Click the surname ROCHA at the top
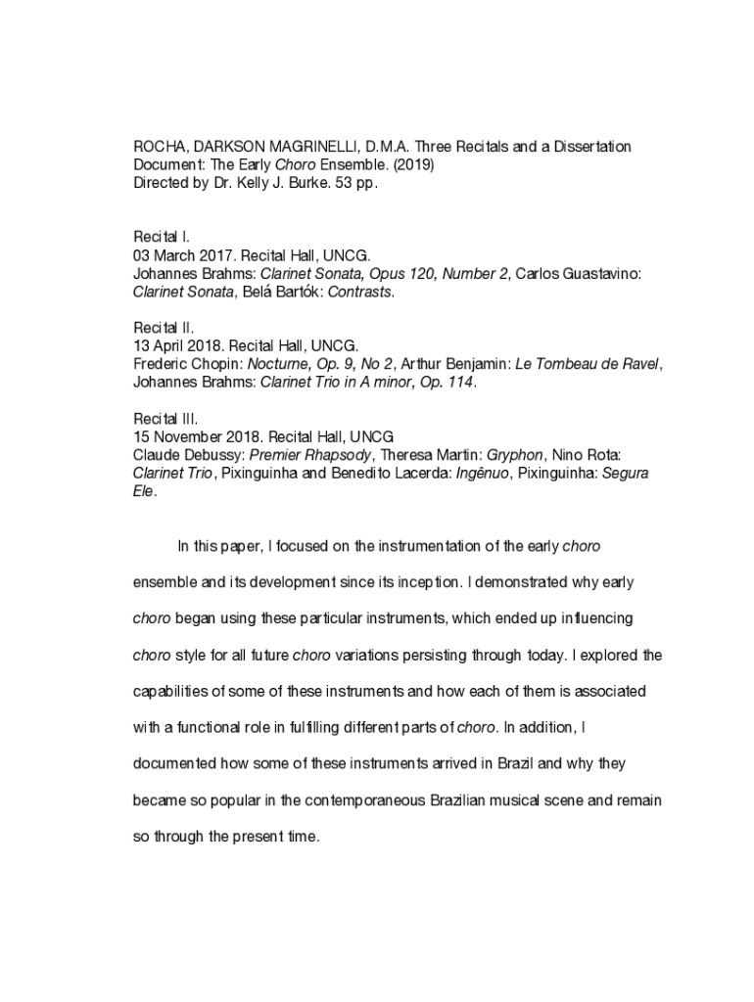tap(159, 147)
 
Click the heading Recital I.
tap(162, 237)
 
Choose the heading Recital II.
tap(164, 328)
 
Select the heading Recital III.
tap(165, 419)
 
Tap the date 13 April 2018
tap(181, 346)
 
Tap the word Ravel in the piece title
tap(638, 364)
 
